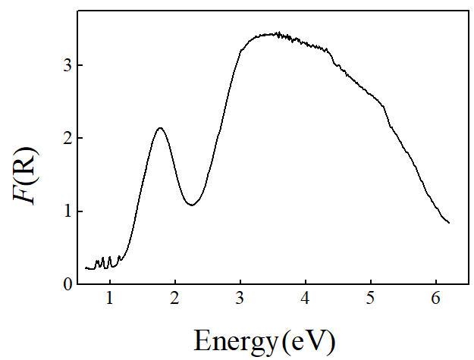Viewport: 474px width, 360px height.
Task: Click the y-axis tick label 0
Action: (67, 283)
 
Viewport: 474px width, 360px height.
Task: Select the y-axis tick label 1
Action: (67, 211)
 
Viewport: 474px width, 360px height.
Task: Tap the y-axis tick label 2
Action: (67, 138)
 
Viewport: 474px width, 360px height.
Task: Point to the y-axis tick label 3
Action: (67, 65)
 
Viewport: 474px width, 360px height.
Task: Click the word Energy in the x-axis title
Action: (236, 340)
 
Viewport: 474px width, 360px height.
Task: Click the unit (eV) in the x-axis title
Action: (307, 340)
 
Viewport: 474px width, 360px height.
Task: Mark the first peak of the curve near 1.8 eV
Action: (160, 127)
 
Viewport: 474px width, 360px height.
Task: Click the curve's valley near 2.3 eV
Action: (193, 205)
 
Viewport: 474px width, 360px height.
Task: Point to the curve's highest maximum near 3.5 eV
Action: (278, 33)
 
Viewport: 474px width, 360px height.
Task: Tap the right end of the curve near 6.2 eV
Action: (449, 223)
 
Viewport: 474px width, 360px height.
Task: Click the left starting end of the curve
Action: (86, 268)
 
